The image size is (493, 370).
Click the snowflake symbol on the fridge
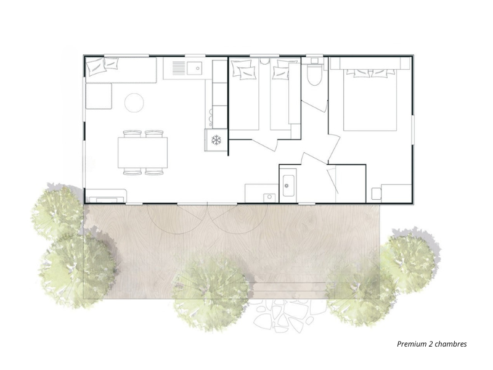point(216,140)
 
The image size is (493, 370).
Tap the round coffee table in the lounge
point(134,102)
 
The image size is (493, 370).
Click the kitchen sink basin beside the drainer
point(194,68)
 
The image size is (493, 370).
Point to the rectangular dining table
point(143,152)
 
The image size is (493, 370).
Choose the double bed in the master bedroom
point(370,99)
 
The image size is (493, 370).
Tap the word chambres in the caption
point(451,344)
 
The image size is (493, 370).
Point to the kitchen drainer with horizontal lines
point(179,68)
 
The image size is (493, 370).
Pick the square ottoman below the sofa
point(99,96)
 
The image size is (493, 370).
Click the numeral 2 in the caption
point(430,344)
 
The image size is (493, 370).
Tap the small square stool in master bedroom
point(377,194)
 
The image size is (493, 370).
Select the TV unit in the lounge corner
point(106,195)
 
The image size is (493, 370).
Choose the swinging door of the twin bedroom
point(265,144)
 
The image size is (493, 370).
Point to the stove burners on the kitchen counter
point(210,117)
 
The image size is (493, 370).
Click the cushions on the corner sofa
point(102,66)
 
